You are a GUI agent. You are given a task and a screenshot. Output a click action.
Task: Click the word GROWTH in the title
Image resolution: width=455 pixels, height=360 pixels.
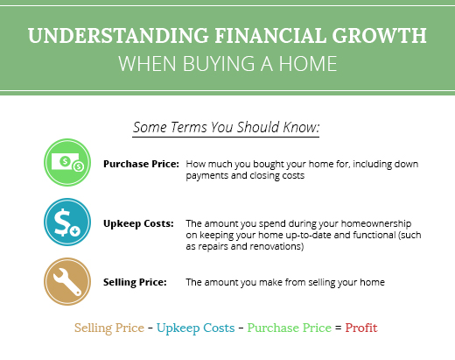379,36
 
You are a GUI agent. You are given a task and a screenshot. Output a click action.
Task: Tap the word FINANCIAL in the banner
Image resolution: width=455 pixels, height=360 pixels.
270,36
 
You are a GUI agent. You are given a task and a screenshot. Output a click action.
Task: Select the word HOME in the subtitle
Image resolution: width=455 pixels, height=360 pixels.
308,63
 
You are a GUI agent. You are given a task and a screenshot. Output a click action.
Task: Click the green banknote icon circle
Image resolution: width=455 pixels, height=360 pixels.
67,162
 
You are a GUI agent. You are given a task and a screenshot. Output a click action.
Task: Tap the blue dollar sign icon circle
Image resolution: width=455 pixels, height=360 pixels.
67,222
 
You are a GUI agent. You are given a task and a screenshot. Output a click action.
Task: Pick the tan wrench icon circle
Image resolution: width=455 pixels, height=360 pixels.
67,281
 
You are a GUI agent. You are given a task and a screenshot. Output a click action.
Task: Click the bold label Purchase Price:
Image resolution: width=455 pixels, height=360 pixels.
141,164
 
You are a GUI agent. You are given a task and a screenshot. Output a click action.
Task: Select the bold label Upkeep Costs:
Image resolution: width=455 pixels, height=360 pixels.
138,223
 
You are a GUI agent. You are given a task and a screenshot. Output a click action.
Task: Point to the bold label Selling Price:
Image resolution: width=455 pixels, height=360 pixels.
135,282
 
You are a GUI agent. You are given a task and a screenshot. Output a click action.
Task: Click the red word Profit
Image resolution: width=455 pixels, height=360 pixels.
361,328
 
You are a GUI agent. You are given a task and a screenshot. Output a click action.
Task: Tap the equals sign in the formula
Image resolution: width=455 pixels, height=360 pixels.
339,328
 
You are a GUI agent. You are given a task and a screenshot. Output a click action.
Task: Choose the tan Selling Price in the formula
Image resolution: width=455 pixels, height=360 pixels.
109,328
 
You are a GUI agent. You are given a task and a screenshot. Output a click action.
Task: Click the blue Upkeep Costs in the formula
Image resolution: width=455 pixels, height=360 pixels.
196,328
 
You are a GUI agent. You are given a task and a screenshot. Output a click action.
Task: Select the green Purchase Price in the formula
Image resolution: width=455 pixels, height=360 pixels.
290,328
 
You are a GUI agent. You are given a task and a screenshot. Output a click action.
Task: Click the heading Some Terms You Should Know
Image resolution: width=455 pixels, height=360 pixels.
227,127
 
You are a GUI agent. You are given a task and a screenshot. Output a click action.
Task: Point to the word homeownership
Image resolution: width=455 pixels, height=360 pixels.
376,223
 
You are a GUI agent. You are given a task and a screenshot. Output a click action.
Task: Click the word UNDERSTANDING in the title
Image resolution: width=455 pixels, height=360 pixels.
118,36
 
